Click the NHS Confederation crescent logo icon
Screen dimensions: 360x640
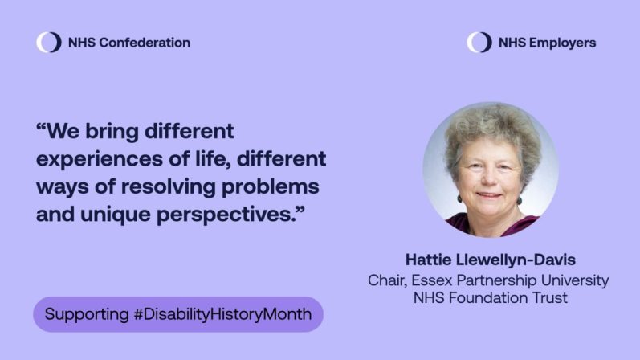[48, 43]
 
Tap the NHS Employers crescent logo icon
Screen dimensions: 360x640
[479, 43]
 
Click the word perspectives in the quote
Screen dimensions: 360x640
[227, 215]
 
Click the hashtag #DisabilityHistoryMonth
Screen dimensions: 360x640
[222, 314]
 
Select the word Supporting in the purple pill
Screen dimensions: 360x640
[86, 314]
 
